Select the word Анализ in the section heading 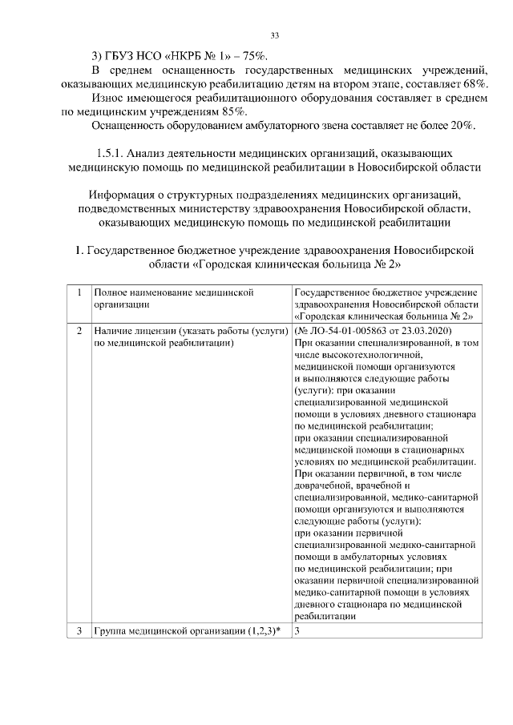click(x=153, y=152)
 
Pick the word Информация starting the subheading click(x=131, y=195)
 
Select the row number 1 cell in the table click(x=79, y=293)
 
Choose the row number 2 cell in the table click(x=79, y=330)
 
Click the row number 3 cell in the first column click(x=79, y=630)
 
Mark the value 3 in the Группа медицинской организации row click(x=297, y=630)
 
